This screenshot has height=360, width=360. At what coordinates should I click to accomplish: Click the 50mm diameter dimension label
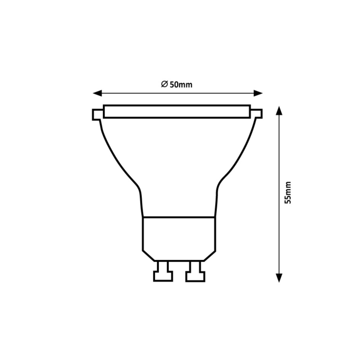(181, 85)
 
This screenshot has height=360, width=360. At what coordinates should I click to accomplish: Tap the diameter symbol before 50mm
(164, 85)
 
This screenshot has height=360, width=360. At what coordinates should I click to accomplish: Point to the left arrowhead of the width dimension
(97, 93)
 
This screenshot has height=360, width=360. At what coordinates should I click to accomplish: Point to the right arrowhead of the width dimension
(259, 93)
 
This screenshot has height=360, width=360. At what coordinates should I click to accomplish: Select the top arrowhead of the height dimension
(279, 111)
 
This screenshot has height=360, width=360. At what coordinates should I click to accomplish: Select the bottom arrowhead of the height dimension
(279, 278)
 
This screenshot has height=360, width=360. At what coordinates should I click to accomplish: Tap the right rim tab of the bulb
(257, 114)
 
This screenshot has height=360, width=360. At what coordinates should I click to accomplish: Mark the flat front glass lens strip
(177, 112)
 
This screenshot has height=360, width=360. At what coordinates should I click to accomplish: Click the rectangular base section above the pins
(178, 234)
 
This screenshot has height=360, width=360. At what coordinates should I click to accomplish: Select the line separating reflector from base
(178, 216)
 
